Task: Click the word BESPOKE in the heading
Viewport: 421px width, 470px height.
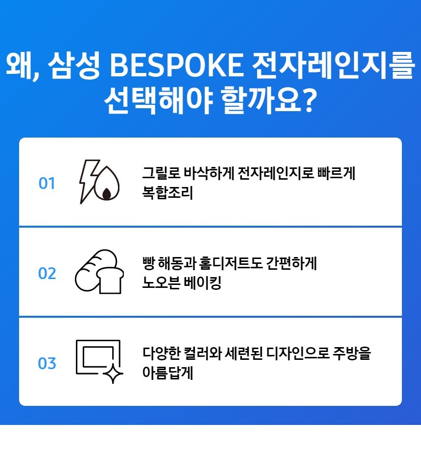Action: (177, 65)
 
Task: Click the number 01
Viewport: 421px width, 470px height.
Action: (47, 184)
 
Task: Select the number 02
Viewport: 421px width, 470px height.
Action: (47, 273)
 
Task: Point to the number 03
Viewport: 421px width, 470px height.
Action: (47, 363)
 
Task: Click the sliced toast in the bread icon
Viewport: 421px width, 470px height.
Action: (110, 280)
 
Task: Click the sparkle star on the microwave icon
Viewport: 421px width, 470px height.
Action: (113, 374)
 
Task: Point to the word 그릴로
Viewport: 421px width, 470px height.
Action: (161, 173)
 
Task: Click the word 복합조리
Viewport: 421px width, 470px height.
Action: (167, 192)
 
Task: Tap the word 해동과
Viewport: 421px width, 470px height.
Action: (177, 263)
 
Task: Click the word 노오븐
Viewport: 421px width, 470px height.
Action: (161, 282)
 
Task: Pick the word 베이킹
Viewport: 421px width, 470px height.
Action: (202, 282)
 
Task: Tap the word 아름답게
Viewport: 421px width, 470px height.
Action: (167, 373)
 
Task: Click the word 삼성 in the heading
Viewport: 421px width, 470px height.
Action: (74, 65)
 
